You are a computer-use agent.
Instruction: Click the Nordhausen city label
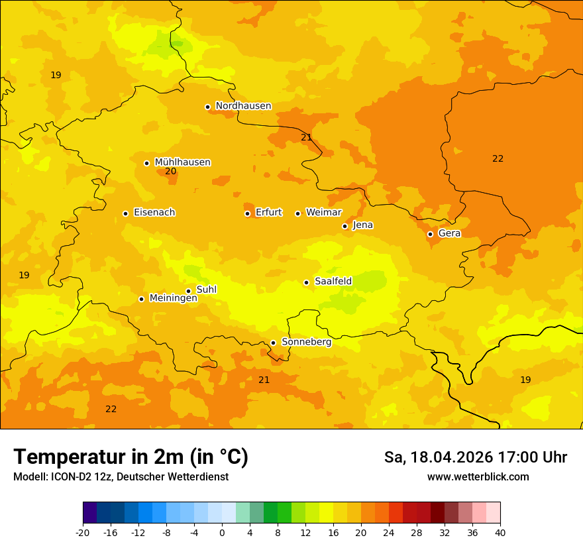pos(243,106)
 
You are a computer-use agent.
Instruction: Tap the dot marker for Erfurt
pos(247,213)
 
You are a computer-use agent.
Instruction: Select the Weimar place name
pos(323,213)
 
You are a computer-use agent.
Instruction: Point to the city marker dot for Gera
pos(430,234)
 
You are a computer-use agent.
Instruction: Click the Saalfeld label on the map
pos(333,282)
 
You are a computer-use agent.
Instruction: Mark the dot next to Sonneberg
pos(273,343)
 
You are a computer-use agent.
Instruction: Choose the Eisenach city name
pos(154,213)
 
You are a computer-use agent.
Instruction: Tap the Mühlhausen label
pos(182,162)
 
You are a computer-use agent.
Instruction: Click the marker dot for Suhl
pos(188,291)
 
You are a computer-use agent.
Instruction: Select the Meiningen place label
pos(173,298)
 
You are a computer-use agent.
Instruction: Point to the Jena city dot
pos(344,226)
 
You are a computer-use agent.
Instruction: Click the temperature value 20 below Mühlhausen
pos(170,172)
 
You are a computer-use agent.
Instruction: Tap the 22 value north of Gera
pos(498,158)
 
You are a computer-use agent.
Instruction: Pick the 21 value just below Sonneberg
pos(264,380)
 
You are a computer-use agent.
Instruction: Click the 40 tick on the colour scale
pos(500,532)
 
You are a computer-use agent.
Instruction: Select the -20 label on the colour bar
pos(83,532)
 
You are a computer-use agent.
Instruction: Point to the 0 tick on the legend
pos(222,532)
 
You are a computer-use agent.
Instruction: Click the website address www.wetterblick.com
pos(478,476)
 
